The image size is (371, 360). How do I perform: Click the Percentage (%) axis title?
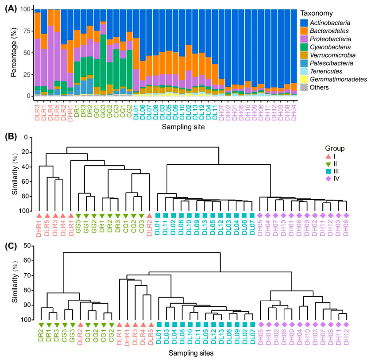coord(13,52)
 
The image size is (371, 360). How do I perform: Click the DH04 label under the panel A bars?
coord(294,108)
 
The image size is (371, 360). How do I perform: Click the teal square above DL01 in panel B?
coord(158,215)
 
